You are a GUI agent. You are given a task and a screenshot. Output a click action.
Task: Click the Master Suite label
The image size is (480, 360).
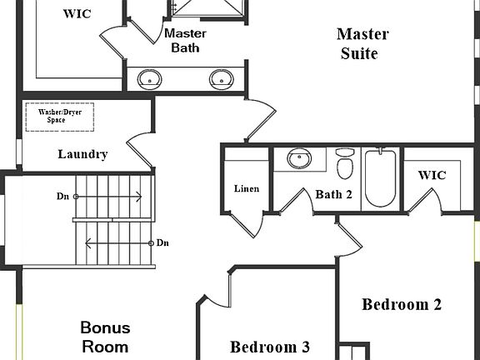(362, 44)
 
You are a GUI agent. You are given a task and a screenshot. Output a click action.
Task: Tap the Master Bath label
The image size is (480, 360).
(185, 40)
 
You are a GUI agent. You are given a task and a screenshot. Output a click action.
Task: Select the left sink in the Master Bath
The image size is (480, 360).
(149, 79)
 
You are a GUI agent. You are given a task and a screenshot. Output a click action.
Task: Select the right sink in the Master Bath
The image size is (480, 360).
(222, 79)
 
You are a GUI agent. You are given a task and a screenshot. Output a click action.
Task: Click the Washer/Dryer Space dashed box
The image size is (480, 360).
(60, 117)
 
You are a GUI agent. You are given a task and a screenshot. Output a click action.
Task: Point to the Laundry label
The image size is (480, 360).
(82, 154)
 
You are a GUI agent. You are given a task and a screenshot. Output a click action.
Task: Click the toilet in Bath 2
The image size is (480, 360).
(345, 163)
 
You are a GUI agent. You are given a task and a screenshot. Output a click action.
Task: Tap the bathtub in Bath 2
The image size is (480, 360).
(381, 177)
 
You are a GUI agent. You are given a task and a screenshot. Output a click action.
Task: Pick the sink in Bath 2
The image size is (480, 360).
(299, 158)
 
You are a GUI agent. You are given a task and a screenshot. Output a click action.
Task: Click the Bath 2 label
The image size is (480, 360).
(333, 194)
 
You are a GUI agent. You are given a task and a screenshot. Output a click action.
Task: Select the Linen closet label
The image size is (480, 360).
(247, 188)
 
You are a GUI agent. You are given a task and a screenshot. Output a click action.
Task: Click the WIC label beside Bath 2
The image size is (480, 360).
(432, 175)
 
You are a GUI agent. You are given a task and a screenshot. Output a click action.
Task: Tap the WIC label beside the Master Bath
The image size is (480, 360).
(77, 14)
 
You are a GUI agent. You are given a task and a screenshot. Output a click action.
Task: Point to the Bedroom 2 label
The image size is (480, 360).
(402, 304)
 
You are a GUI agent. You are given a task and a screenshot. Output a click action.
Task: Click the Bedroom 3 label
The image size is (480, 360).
(270, 347)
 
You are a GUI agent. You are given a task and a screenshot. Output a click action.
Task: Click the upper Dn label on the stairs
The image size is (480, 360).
(62, 196)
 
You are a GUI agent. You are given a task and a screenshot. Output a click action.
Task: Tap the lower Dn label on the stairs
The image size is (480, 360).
(162, 242)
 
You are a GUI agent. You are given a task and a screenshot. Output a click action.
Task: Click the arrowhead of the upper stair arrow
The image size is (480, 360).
(140, 197)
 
